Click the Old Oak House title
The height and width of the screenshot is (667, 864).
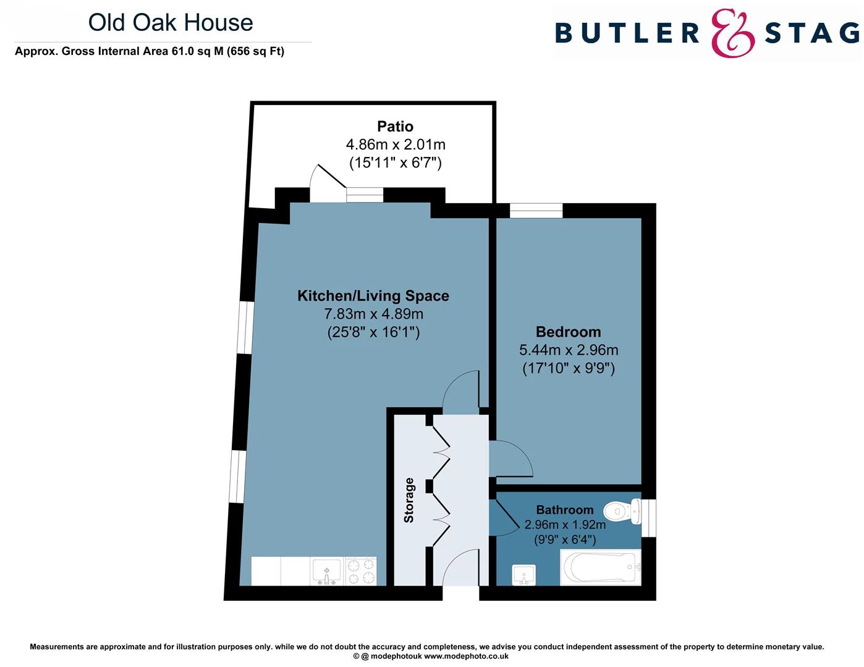pyautogui.click(x=171, y=23)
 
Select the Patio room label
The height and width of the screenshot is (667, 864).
pyautogui.click(x=395, y=127)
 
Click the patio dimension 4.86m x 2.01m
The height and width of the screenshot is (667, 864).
pyautogui.click(x=395, y=145)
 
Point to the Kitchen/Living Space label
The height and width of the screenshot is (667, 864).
pyautogui.click(x=373, y=296)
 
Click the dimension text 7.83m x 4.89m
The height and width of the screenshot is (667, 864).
pyautogui.click(x=373, y=314)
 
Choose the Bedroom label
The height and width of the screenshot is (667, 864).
pyautogui.click(x=568, y=332)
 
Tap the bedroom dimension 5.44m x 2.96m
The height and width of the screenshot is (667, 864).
pyautogui.click(x=568, y=350)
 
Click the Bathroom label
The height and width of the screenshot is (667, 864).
pyautogui.click(x=564, y=510)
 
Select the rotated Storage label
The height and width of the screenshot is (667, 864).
pyautogui.click(x=409, y=500)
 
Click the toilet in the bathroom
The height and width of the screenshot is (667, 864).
pyautogui.click(x=621, y=511)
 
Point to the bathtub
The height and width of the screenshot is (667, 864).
pyautogui.click(x=599, y=567)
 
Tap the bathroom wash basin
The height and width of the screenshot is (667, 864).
pyautogui.click(x=524, y=575)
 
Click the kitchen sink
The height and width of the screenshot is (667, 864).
pyautogui.click(x=326, y=571)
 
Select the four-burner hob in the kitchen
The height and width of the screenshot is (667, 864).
pyautogui.click(x=361, y=571)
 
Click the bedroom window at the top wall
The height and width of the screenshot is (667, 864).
pyautogui.click(x=536, y=211)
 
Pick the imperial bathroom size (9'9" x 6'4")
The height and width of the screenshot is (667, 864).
pyautogui.click(x=564, y=540)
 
